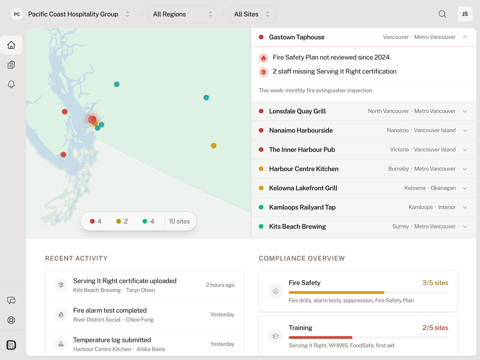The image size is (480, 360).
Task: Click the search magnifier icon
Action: tap(442, 14)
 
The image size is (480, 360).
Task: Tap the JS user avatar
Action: tap(465, 14)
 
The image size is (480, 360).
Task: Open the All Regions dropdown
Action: tap(182, 14)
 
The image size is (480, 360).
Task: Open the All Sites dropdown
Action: tap(252, 14)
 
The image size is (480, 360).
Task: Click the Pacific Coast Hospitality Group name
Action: tap(73, 14)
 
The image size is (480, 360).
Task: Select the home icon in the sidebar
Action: tap(11, 45)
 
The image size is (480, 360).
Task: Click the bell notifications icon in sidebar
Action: tap(11, 84)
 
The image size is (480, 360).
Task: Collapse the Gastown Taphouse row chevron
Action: tap(465, 37)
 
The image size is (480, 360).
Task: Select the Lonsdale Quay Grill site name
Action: tap(297, 111)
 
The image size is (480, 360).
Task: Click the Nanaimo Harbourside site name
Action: tap(301, 130)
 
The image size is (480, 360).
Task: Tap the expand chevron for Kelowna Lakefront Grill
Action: tap(465, 188)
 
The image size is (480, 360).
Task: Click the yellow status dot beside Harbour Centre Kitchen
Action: tap(261, 169)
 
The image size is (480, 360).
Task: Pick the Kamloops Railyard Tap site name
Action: tap(302, 207)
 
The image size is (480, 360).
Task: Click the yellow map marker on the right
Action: tap(213, 146)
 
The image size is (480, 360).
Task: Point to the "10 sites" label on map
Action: tap(179, 221)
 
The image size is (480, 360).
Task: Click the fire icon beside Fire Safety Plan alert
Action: tap(263, 58)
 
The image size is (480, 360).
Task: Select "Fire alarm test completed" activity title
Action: tap(110, 310)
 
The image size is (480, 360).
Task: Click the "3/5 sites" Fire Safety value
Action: tap(435, 283)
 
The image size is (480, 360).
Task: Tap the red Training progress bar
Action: tap(321, 337)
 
